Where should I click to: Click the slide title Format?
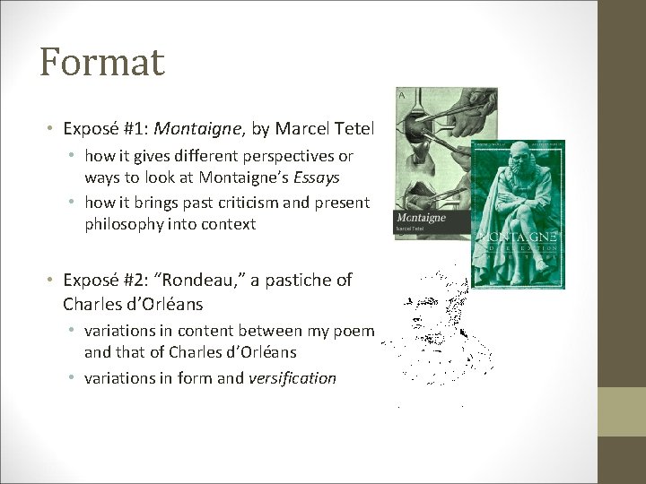pyautogui.click(x=101, y=63)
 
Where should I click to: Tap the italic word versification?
pyautogui.click(x=292, y=377)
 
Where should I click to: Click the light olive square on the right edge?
pyautogui.click(x=622, y=411)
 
